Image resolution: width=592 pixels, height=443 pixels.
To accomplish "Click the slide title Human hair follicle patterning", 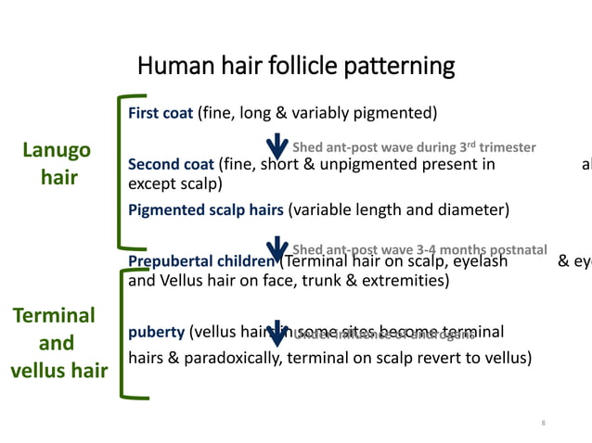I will [x=296, y=67].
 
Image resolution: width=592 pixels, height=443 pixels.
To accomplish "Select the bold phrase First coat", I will [x=161, y=114].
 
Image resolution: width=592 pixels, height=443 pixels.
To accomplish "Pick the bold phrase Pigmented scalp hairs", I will [x=205, y=209].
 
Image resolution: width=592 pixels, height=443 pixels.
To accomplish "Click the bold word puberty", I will [x=155, y=332].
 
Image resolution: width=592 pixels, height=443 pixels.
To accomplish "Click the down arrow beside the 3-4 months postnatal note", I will [x=277, y=248].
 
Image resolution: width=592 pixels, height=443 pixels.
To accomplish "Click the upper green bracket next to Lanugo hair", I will [x=122, y=171].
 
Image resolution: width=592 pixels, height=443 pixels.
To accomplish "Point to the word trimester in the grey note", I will [x=507, y=147].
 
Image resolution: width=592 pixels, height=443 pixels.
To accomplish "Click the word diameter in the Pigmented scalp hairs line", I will [x=478, y=209].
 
